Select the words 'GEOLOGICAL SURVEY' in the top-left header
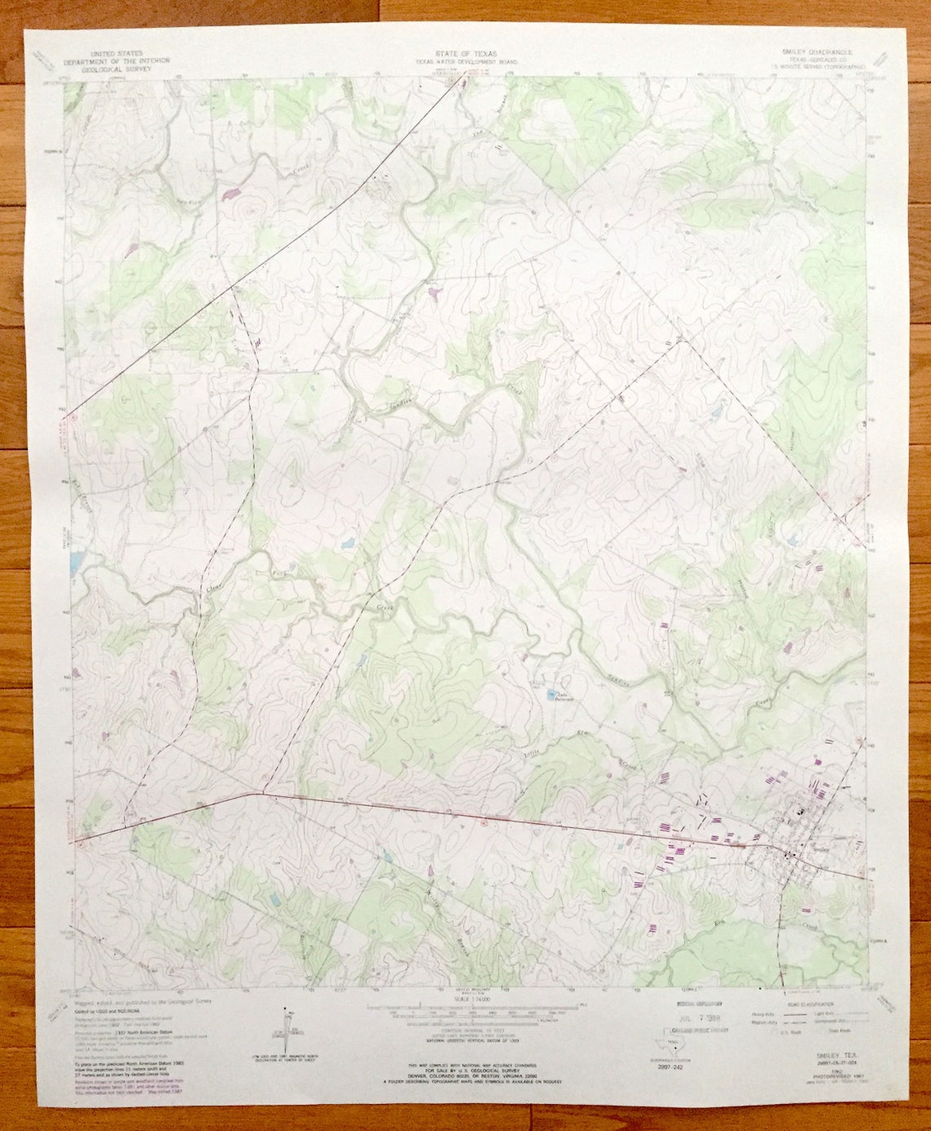pos(110,70)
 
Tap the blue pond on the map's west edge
pos(76,560)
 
